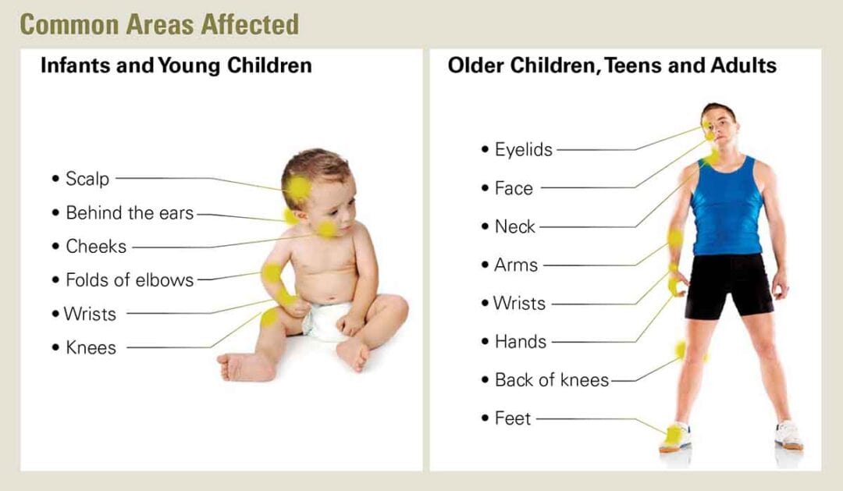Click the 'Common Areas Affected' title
(159, 24)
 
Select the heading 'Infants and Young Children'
(176, 66)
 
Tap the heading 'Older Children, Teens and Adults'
(611, 66)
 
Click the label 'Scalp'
(87, 179)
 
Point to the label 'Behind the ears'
(129, 212)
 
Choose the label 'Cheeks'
(95, 246)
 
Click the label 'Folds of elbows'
(129, 279)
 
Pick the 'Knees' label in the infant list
(91, 347)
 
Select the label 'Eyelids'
(523, 150)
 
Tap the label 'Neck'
(514, 226)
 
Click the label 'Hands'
(520, 341)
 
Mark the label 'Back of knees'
(551, 380)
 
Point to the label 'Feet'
(512, 418)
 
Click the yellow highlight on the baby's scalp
(297, 187)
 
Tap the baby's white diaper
(327, 320)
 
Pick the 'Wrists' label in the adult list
(519, 303)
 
